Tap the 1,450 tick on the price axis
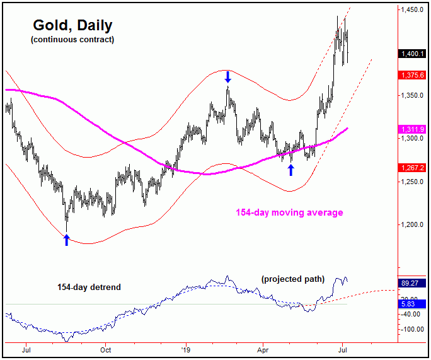(413, 11)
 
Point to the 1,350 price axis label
(413, 96)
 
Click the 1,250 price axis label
(413, 182)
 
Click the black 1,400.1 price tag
(413, 55)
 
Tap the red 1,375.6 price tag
(413, 76)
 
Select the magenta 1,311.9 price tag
(413, 129)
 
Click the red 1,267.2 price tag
(413, 168)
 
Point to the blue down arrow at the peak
(227, 77)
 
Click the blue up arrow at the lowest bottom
(66, 239)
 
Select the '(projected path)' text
(292, 279)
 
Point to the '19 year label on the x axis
(185, 349)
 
